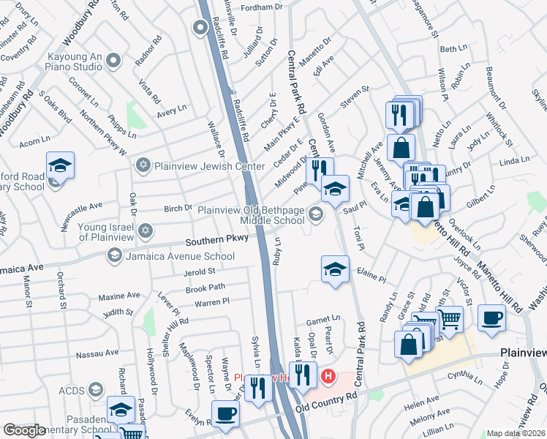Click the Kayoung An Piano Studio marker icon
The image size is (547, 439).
click(x=112, y=60)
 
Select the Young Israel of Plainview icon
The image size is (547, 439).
click(x=145, y=231)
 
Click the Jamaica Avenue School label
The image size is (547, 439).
click(x=180, y=256)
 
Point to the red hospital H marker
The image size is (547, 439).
click(x=328, y=377)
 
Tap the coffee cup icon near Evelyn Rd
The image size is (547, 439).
click(x=225, y=414)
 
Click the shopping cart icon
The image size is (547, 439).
click(x=450, y=319)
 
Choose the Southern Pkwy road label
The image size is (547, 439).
click(x=216, y=240)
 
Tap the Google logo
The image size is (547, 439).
click(x=23, y=430)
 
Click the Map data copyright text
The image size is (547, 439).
click(x=516, y=433)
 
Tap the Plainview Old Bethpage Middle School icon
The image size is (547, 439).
click(x=316, y=214)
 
